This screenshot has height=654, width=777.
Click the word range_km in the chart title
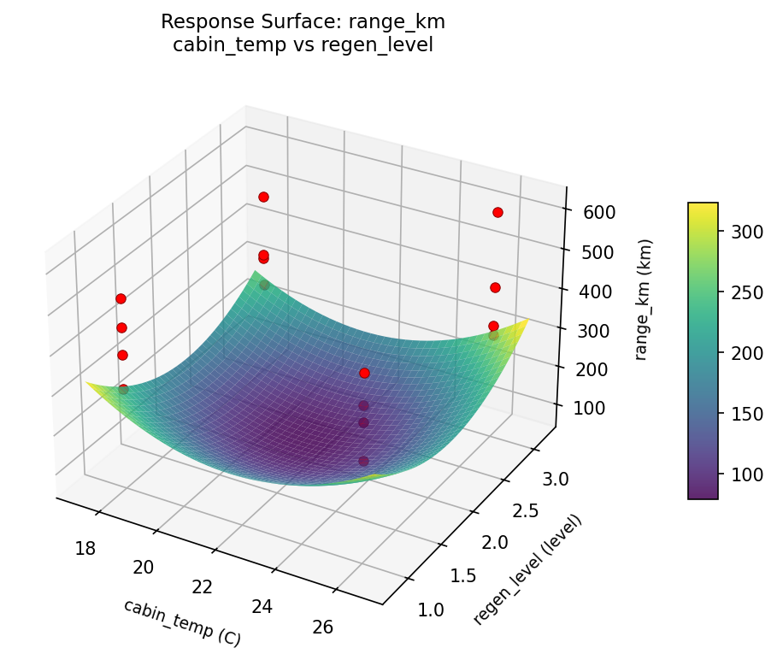click(x=395, y=21)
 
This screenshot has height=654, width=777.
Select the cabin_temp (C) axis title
click(x=182, y=622)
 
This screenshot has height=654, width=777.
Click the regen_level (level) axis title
click(x=527, y=569)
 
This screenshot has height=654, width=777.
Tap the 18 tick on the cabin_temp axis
click(x=85, y=548)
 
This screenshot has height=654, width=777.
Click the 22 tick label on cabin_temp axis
click(x=203, y=586)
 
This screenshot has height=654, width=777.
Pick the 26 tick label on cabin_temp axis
click(x=323, y=627)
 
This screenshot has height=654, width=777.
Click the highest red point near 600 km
click(x=497, y=212)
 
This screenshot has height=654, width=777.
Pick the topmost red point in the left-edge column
click(x=121, y=298)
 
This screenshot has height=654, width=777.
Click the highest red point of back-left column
click(x=263, y=197)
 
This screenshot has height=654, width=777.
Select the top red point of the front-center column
click(x=364, y=373)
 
